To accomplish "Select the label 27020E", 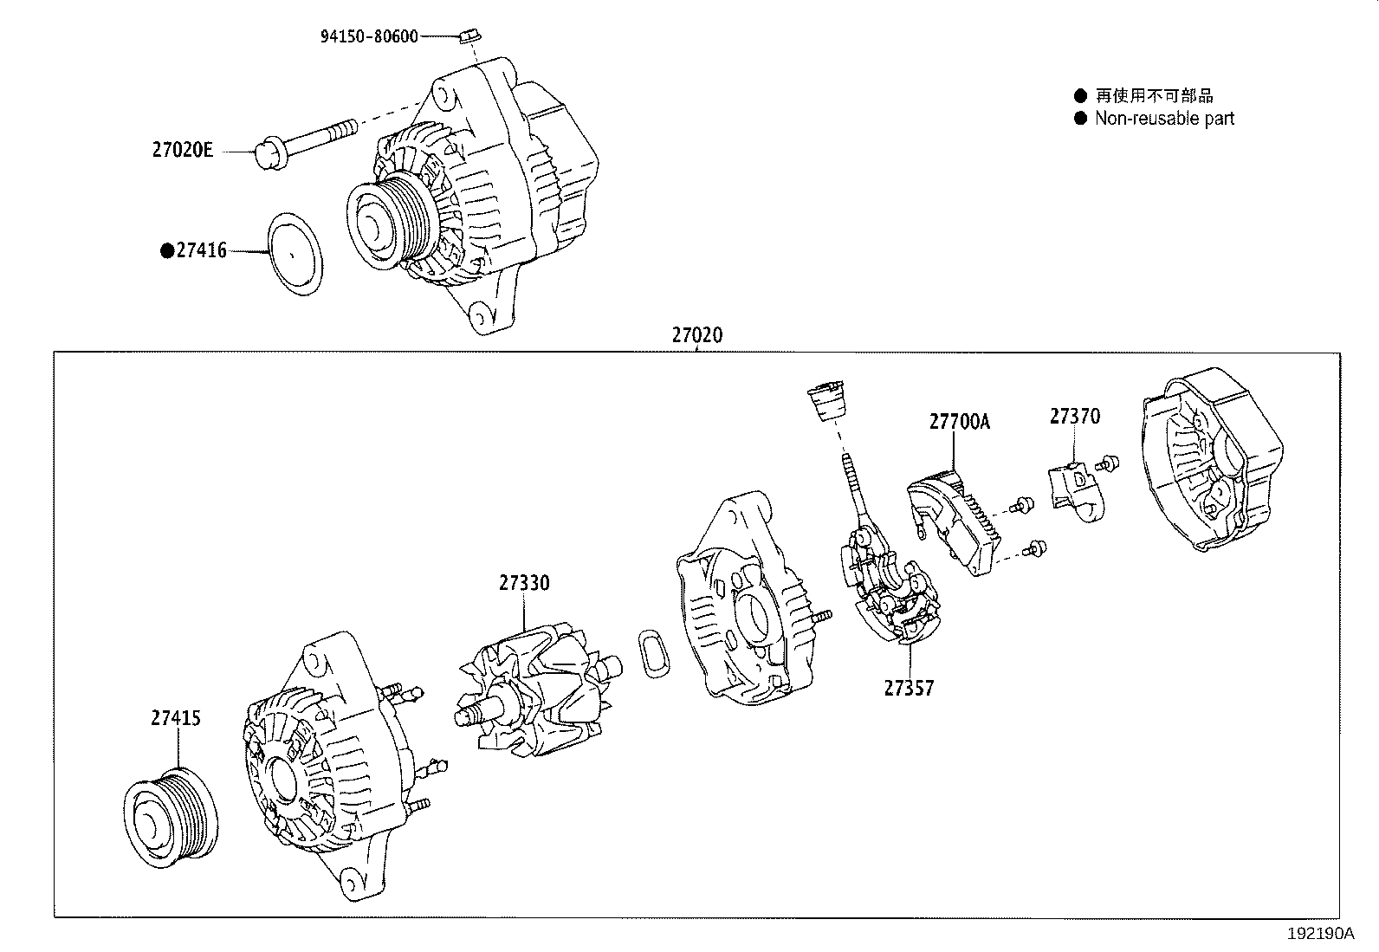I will pyautogui.click(x=182, y=150).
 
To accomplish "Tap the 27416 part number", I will pyautogui.click(x=201, y=250).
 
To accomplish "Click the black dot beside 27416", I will pyautogui.click(x=167, y=251).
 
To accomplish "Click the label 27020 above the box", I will pyautogui.click(x=696, y=335).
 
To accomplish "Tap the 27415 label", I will pyautogui.click(x=176, y=718).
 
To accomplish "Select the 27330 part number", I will pyautogui.click(x=523, y=583).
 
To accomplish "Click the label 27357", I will pyautogui.click(x=909, y=688).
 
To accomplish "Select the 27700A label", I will pyautogui.click(x=959, y=422).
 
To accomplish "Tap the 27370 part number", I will pyautogui.click(x=1075, y=417).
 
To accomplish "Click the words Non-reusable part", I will pyautogui.click(x=1164, y=119).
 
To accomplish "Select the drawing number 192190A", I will pyautogui.click(x=1320, y=934).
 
